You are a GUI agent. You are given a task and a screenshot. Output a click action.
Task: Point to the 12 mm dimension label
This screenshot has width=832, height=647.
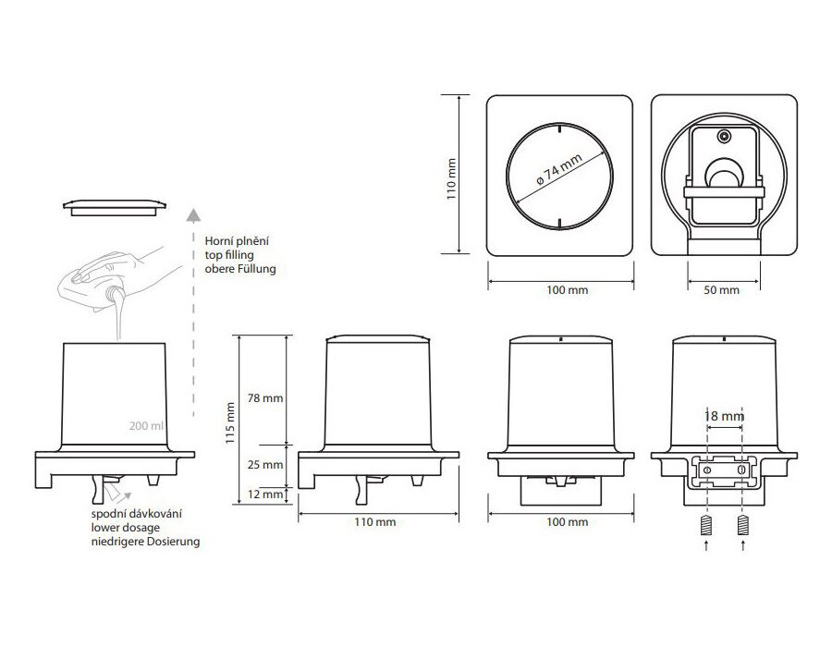(266, 494)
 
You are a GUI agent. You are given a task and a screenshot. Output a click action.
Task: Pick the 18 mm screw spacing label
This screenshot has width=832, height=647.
(724, 418)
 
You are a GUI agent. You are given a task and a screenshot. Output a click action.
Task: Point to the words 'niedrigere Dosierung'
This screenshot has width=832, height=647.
(144, 541)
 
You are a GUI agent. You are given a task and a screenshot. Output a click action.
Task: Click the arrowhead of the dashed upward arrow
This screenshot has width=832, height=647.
(191, 218)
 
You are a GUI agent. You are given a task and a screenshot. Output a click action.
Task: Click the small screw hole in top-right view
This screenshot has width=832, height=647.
(724, 137)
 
